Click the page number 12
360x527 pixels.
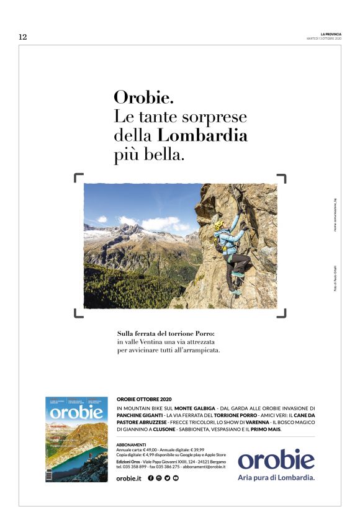23,37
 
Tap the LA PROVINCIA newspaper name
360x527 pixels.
331,34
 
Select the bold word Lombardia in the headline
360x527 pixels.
202,135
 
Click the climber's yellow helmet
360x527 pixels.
219,225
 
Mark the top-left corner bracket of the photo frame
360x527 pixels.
78,179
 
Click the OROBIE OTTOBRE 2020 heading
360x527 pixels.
144,399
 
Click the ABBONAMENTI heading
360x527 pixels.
131,445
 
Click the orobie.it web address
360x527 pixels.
129,478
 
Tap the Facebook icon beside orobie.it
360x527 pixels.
151,478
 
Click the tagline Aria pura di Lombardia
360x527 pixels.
276,477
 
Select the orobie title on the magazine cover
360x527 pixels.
76,412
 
